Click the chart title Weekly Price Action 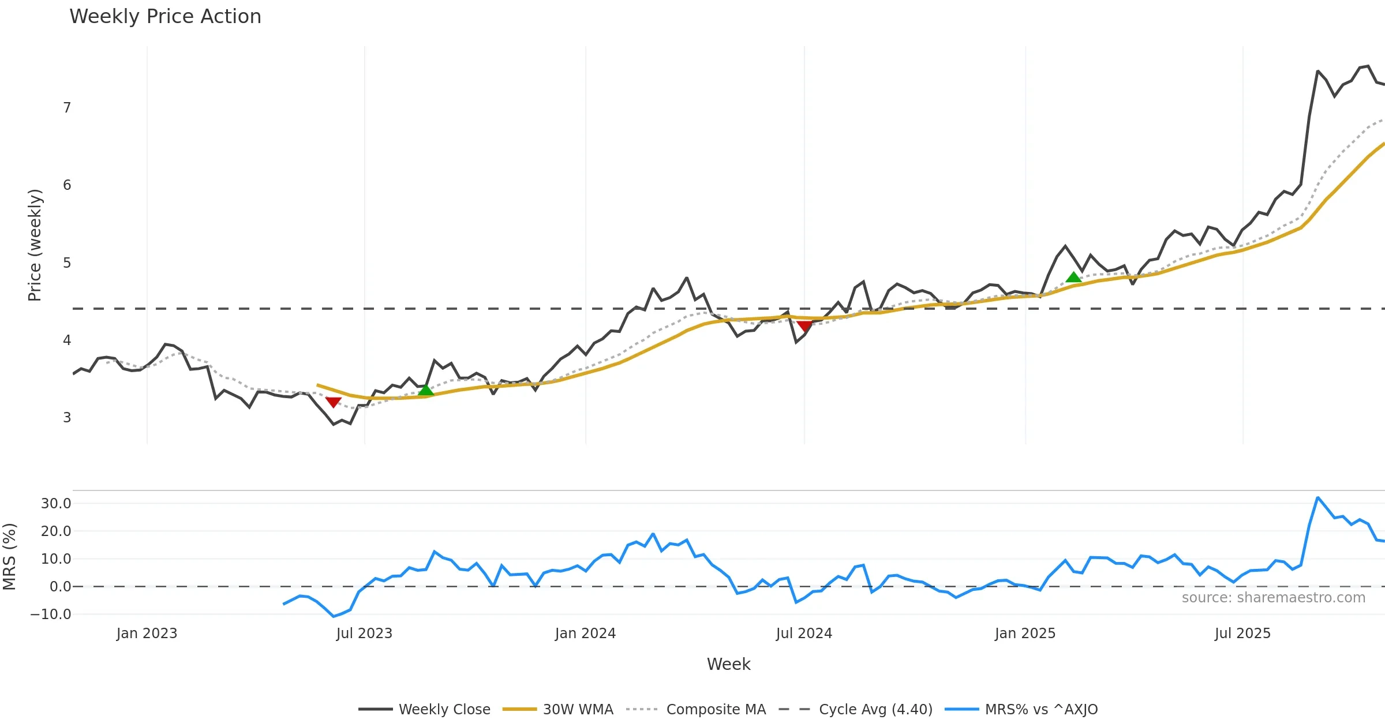(165, 17)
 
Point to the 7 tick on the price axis (67, 108)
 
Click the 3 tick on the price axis (67, 417)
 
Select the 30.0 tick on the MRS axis (56, 503)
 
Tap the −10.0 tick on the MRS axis (51, 614)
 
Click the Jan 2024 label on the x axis (585, 634)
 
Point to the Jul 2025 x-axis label (1242, 634)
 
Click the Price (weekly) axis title (35, 245)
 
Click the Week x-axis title (728, 664)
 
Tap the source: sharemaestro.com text (1273, 598)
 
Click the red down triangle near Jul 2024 (804, 326)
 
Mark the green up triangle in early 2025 (1073, 278)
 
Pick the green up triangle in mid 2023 (425, 391)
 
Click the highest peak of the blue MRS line (1317, 497)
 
